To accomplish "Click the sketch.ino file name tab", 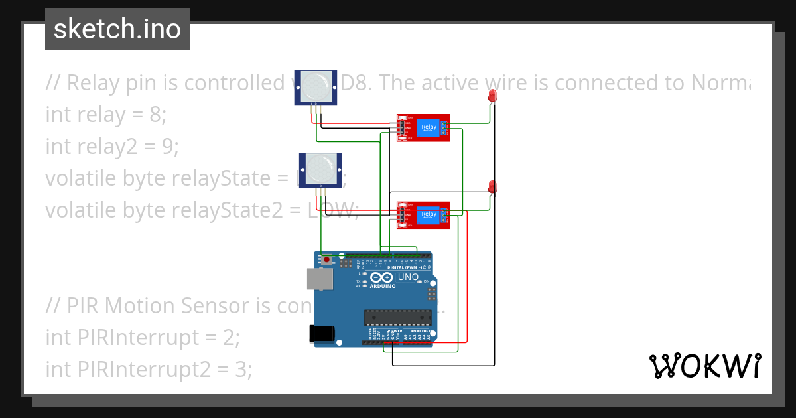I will tap(117, 29).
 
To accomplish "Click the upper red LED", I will tap(492, 96).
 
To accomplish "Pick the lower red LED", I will tap(492, 186).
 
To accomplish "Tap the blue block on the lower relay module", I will tap(429, 215).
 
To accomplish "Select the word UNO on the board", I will tap(408, 277).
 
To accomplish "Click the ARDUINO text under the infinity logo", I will tap(383, 286).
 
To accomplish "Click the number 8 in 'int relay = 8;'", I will tap(155, 115).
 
